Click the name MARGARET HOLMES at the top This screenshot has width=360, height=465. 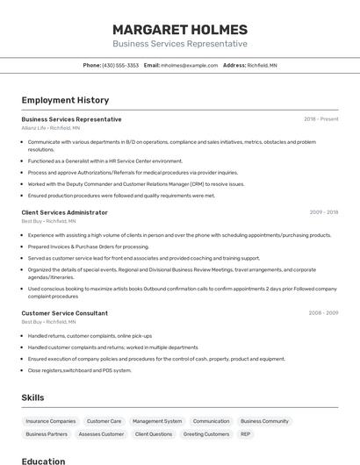coord(180,29)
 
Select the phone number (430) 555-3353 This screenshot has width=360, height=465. coord(120,65)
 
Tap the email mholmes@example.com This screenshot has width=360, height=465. coord(189,65)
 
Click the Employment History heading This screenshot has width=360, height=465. coord(65,100)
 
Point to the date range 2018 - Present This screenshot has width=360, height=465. coord(320,119)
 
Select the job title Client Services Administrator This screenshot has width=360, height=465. coord(64,212)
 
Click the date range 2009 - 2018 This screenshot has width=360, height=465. coord(323,212)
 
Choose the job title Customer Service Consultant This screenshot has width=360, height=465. coord(64,313)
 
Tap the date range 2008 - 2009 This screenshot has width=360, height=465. coord(323,313)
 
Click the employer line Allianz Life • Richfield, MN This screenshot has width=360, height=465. coord(50,128)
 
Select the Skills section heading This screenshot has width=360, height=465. coord(32,397)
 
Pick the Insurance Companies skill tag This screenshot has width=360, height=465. coord(51,421)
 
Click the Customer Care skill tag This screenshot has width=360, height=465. coord(104,421)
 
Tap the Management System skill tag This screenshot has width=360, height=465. coord(157,421)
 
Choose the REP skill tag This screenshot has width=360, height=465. coord(246,433)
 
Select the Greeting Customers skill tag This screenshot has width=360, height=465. coord(206,433)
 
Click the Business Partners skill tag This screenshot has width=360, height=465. coord(47,433)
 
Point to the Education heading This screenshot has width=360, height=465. coord(43,461)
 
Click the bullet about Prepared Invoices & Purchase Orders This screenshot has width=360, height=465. coord(90,247)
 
